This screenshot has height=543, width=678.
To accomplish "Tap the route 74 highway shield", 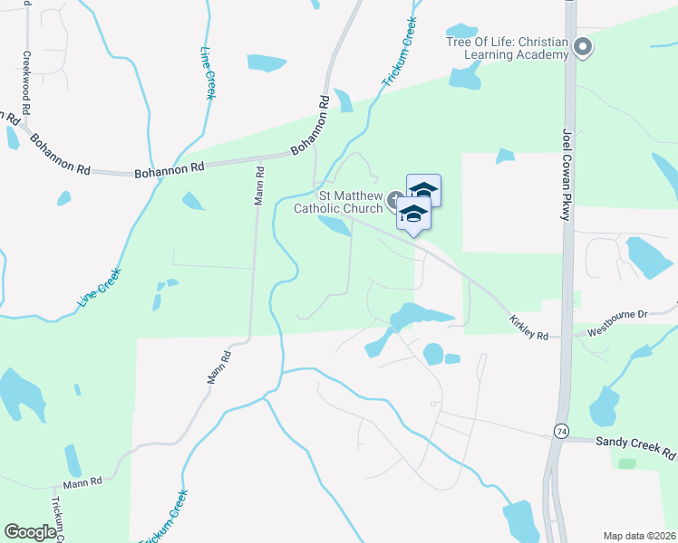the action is (562, 433).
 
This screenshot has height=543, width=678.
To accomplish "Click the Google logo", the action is (30, 532).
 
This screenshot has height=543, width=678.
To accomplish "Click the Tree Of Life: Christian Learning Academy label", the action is (507, 48).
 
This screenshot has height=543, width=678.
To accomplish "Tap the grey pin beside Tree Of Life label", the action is (583, 46).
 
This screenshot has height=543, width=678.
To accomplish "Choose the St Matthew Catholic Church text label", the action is (337, 202).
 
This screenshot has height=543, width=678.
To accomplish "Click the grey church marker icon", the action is (394, 199).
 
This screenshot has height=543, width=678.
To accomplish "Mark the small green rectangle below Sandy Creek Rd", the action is (625, 463).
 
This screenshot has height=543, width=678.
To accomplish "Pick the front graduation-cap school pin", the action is (413, 214).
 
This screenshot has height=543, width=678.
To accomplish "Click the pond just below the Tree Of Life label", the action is (466, 78).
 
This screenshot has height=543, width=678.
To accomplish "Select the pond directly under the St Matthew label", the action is (335, 226).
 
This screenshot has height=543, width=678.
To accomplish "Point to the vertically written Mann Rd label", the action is (259, 185).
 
